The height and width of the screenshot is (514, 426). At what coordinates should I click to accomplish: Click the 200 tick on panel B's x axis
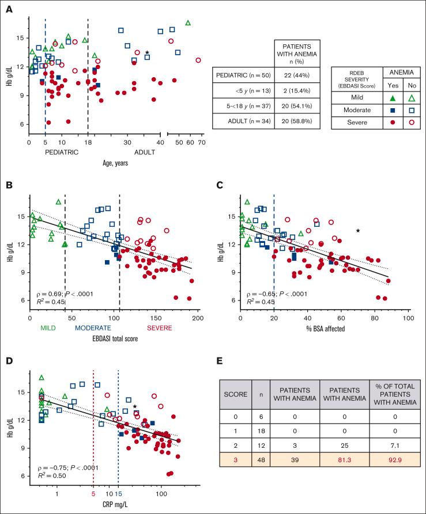pos(197,318)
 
